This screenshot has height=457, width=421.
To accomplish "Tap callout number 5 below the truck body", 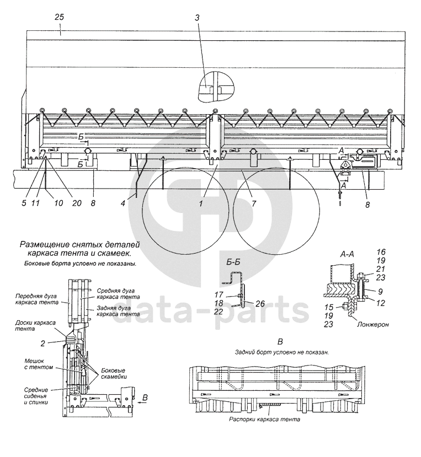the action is coord(24,203).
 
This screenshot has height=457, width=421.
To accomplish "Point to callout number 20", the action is coord(77,203).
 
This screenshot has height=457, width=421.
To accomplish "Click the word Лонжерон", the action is coord(373,325).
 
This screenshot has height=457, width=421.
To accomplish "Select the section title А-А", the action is coord(348,255).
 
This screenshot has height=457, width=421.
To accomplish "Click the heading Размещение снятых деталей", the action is coord(72,244).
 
